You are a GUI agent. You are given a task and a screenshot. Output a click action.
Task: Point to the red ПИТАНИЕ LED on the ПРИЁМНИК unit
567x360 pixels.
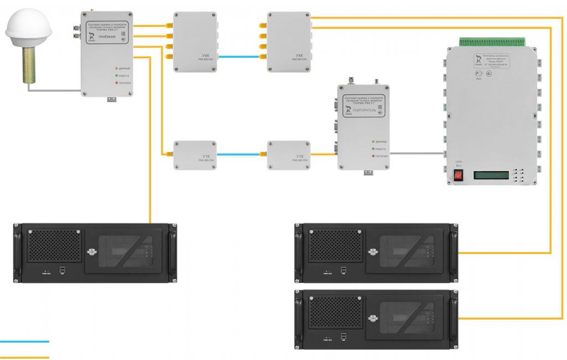117,83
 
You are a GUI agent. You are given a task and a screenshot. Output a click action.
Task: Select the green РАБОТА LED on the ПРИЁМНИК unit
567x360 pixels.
117,75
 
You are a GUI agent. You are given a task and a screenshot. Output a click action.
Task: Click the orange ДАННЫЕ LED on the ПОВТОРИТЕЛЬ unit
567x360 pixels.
373,142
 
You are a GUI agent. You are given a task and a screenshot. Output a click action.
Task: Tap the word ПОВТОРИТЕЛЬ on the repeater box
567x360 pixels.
364,111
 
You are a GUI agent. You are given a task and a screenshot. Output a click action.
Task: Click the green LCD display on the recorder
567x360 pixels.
492,176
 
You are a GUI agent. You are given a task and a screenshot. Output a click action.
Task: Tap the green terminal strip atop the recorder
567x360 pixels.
492,42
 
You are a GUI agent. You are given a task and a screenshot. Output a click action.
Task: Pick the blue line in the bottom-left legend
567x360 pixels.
25,342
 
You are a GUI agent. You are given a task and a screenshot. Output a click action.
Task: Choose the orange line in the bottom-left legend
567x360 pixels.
25,357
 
